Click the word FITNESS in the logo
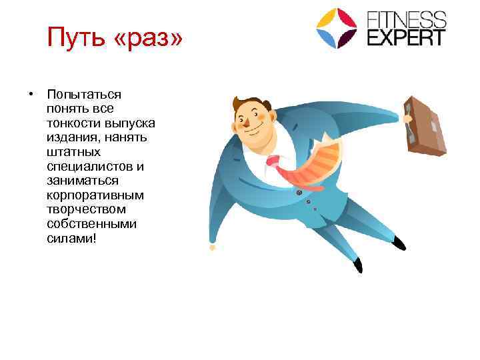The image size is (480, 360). tap(407, 18)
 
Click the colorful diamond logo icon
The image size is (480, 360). tap(337, 28)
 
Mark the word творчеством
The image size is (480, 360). tap(83, 209)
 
